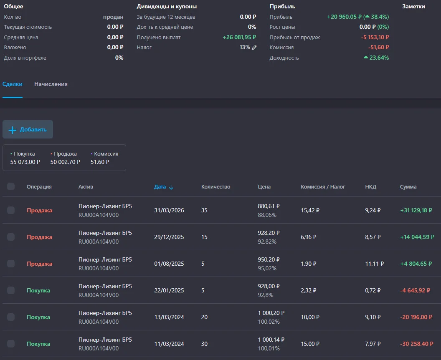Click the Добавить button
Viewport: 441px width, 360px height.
28,129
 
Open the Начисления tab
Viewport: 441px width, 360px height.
51,84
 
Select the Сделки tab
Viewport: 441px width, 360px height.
13,84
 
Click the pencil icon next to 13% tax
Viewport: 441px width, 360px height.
254,48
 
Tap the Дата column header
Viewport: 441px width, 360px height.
163,187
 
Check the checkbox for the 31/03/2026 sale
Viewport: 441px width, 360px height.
11,210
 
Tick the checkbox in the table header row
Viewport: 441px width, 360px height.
11,186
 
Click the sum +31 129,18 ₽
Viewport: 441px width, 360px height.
416,210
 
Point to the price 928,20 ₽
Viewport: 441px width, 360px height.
269,233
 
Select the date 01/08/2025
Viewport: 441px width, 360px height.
169,264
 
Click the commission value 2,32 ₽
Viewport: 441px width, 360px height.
309,290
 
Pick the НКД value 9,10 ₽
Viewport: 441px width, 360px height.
373,317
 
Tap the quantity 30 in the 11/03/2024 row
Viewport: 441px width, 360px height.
205,344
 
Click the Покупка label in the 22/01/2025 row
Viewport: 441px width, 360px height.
38,290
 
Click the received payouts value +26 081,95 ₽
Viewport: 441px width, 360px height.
239,37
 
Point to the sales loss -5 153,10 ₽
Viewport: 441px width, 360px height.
375,37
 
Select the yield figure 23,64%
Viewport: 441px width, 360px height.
376,58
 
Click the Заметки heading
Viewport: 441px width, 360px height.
413,6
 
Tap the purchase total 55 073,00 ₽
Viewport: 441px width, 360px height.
25,162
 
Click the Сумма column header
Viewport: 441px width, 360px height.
408,187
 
